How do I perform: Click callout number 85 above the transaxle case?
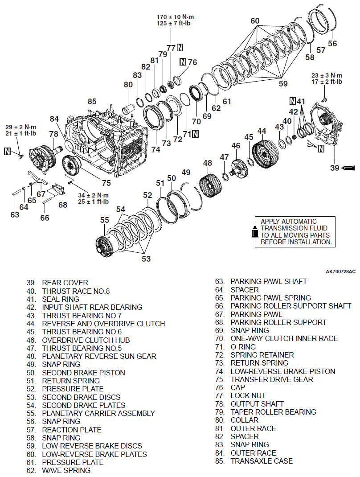tap(92, 102)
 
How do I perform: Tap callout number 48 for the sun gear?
tap(208, 163)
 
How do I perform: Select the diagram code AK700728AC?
tap(340, 271)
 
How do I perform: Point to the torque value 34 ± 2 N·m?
tap(93, 195)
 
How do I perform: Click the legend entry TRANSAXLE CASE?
tap(262, 461)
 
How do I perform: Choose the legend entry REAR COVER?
tap(65, 283)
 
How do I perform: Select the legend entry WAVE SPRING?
tap(66, 470)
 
